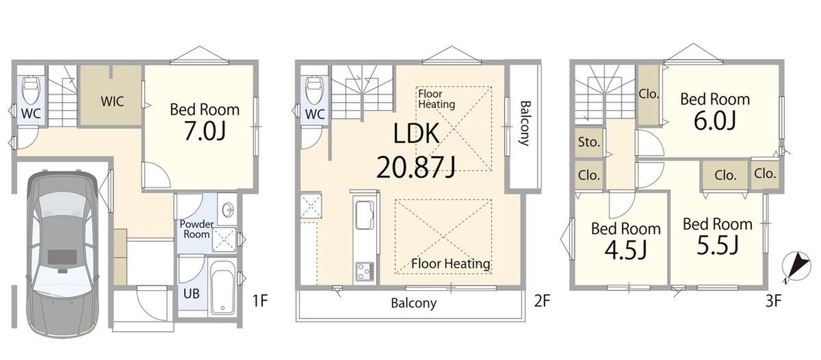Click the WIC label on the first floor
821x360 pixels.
tap(112, 101)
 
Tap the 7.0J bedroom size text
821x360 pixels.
tap(205, 131)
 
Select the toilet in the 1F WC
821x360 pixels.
tap(30, 90)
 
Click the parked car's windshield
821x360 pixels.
tap(62, 206)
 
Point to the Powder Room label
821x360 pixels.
tap(196, 229)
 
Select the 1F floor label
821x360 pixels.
tap(260, 301)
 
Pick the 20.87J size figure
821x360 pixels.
tap(416, 167)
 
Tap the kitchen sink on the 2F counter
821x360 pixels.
tap(365, 215)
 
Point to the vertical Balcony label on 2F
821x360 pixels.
tap(525, 123)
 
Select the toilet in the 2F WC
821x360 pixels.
tap(314, 90)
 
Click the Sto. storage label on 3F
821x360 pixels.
tap(589, 142)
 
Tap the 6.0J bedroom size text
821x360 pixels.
tap(715, 121)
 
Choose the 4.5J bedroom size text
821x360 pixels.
tap(625, 250)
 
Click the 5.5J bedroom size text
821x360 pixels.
tap(717, 245)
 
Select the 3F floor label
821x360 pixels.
tap(773, 301)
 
